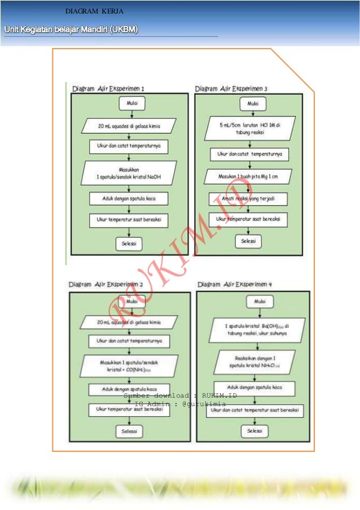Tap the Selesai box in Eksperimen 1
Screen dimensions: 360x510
pyautogui.click(x=129, y=243)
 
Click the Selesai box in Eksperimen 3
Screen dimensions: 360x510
pyautogui.click(x=249, y=241)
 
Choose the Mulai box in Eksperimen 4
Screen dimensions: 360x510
pyautogui.click(x=260, y=302)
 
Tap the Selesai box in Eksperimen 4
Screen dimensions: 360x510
pyautogui.click(x=256, y=431)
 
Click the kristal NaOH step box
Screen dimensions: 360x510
pyautogui.click(x=129, y=173)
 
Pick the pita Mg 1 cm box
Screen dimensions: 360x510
pyautogui.click(x=249, y=176)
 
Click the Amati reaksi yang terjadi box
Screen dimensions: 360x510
pyautogui.click(x=249, y=199)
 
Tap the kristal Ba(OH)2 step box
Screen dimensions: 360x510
pyautogui.click(x=257, y=330)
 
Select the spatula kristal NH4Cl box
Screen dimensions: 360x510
pyautogui.click(x=257, y=362)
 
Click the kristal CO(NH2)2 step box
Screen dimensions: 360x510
pyautogui.click(x=129, y=365)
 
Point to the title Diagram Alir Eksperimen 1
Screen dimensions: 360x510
pyautogui.click(x=108, y=88)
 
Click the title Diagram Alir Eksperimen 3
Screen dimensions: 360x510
pyautogui.click(x=231, y=89)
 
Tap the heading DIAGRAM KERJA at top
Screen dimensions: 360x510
pyautogui.click(x=91, y=11)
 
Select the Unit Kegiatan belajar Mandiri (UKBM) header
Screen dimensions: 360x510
pyautogui.click(x=72, y=29)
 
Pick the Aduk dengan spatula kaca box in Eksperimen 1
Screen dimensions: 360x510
pyautogui.click(x=129, y=198)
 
